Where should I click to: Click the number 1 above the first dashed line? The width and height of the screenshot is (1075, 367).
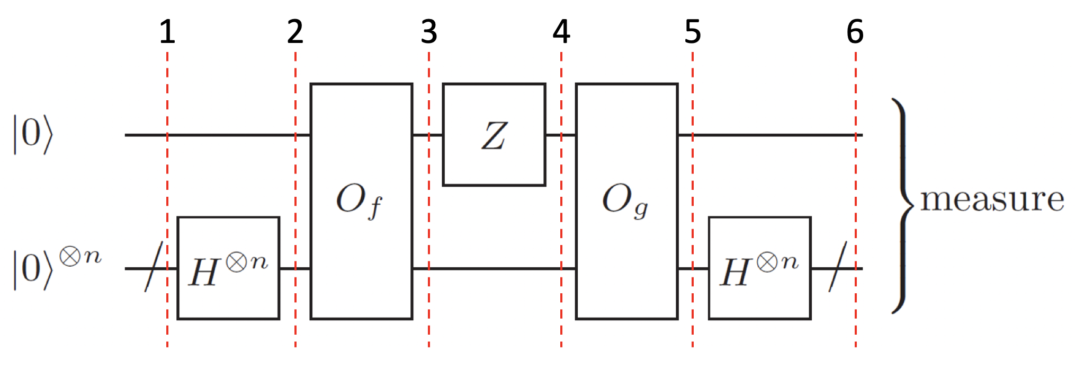[x=167, y=32]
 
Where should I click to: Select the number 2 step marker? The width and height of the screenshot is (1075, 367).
[x=295, y=32]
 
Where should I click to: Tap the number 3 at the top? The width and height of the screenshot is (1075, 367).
[x=429, y=32]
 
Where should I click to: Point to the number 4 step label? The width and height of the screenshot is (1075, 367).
[x=561, y=32]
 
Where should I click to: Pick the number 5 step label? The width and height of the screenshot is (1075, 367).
[x=693, y=32]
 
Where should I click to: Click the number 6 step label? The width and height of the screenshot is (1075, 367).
[x=855, y=32]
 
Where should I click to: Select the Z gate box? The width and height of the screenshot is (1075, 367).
[x=494, y=159]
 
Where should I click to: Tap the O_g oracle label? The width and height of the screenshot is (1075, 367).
[x=625, y=202]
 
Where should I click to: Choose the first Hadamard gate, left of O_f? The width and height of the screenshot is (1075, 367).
[x=228, y=268]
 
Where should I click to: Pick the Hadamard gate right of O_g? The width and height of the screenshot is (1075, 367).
[x=760, y=268]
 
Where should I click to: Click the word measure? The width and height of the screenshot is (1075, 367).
[x=992, y=199]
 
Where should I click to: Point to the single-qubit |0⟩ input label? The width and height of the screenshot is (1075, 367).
[x=33, y=135]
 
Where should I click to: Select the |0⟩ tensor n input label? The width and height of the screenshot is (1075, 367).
[x=56, y=268]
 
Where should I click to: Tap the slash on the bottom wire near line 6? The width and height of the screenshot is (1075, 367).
[x=837, y=268]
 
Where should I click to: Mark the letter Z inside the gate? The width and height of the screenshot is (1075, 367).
[x=494, y=136]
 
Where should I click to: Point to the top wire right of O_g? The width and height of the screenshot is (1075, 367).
[x=768, y=135]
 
